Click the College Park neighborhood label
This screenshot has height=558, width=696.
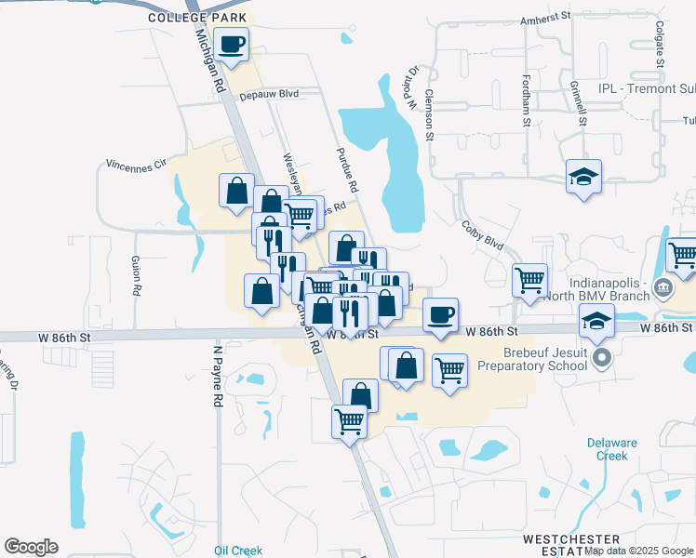[x=197, y=18]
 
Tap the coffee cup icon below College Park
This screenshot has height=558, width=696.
[x=232, y=43]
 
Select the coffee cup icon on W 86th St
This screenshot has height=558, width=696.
[x=441, y=314]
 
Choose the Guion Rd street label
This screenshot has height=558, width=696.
[x=136, y=275]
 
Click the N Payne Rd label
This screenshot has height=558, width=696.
[x=218, y=376]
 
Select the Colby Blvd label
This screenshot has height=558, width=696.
[x=482, y=234]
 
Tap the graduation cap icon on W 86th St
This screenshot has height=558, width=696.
[x=596, y=323]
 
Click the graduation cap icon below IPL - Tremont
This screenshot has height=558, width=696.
[x=583, y=176]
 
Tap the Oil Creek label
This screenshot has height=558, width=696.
[x=237, y=551]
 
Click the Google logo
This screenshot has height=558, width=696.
[x=31, y=547]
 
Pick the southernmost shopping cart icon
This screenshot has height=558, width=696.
[x=350, y=420]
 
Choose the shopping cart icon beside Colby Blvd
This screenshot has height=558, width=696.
[x=529, y=278]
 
